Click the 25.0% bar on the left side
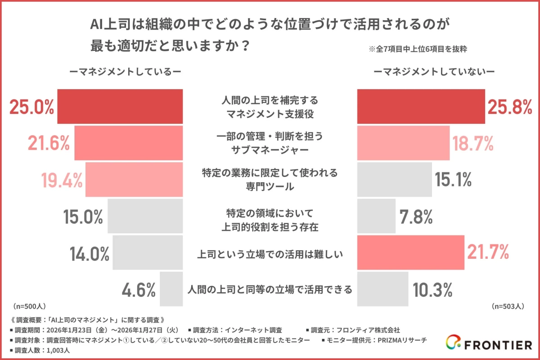pyautogui.click(x=120, y=106)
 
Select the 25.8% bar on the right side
pyautogui.click(x=421, y=106)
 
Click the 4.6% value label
pyautogui.click(x=139, y=290)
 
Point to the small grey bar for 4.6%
pyautogui.click(x=171, y=288)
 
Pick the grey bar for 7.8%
pyautogui.click(x=376, y=216)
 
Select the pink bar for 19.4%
pyautogui.click(x=134, y=179)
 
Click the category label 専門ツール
pyautogui.click(x=270, y=186)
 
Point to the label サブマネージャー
pyautogui.click(x=270, y=150)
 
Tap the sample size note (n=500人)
pyautogui.click(x=30, y=306)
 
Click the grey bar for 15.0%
pyautogui.click(x=145, y=216)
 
